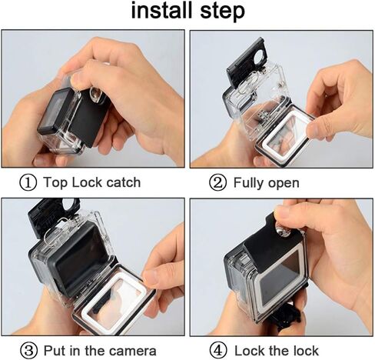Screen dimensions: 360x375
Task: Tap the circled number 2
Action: point(218,183)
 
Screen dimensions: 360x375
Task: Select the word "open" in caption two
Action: point(284,184)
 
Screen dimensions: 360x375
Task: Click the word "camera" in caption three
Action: point(132,350)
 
